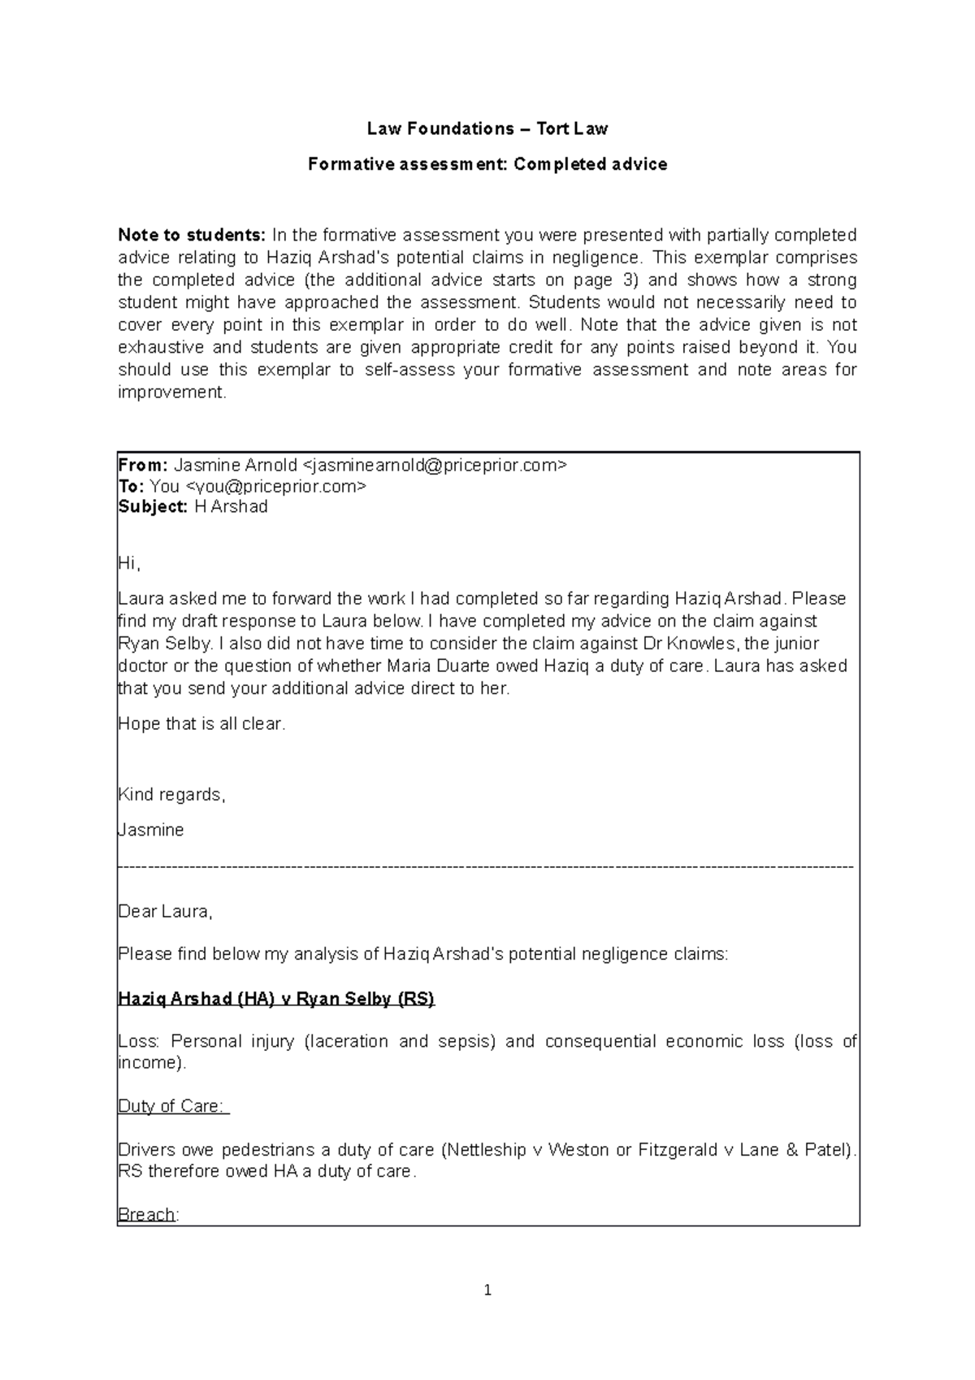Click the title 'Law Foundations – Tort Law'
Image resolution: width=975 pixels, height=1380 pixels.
coord(487,128)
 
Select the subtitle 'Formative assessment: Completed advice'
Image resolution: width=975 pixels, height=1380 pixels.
coord(487,164)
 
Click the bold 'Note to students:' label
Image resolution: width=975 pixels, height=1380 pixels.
coord(192,236)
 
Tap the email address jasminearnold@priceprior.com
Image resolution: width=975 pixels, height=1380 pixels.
coord(435,466)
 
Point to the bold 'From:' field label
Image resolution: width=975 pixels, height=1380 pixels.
coord(143,466)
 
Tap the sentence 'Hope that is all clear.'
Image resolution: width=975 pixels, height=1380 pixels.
coord(201,723)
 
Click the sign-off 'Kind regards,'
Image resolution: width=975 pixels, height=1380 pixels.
coord(171,795)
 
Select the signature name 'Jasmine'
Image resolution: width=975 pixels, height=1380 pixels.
coord(151,831)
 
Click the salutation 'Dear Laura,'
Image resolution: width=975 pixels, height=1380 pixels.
coord(165,912)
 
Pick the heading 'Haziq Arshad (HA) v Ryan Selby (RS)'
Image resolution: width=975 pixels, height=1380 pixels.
coord(276,999)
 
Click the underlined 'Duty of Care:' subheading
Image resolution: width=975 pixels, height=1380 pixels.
coord(173,1106)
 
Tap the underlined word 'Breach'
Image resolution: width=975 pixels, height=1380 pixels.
coord(147,1215)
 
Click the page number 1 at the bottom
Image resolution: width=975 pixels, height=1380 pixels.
coord(487,1290)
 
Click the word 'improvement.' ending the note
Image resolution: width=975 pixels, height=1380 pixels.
coord(171,392)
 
